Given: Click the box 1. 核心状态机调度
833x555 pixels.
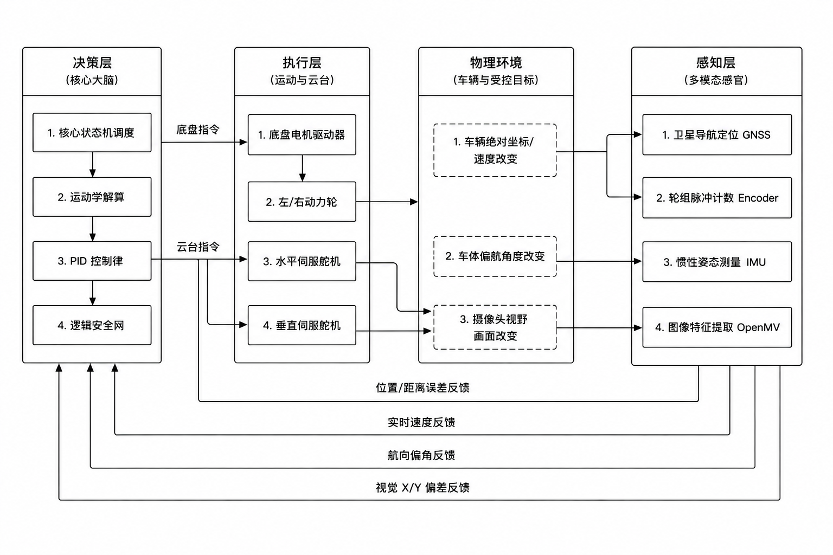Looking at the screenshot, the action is (92, 133).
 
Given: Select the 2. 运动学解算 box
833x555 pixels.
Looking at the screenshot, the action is (92, 197).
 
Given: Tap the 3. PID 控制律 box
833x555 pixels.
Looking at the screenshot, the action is (92, 261).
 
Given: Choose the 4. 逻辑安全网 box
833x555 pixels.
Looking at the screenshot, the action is (92, 325).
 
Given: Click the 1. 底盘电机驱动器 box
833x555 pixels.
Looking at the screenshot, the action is (302, 134).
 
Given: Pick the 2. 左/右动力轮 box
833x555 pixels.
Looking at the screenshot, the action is (302, 202).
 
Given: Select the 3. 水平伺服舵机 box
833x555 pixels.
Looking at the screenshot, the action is (302, 261).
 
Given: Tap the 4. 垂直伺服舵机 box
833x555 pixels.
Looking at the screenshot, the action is (302, 325).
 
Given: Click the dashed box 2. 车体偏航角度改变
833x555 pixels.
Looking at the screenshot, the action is (495, 256).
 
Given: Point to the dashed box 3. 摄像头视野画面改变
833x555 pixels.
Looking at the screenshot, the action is (495, 327).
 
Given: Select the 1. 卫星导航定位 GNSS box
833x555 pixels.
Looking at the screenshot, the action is (717, 134).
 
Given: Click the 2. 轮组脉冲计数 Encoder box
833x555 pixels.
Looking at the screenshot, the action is (717, 198).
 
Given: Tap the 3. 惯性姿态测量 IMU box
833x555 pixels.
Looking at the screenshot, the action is (717, 262).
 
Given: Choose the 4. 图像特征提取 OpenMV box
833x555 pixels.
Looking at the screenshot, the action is (717, 327).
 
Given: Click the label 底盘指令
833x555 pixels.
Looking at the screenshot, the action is (198, 130).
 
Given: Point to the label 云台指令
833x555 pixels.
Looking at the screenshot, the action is (198, 247).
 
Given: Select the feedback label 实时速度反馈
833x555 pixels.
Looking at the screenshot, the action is (421, 422).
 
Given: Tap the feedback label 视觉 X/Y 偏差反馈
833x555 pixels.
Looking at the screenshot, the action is (422, 488).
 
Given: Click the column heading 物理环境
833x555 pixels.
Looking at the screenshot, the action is (496, 63).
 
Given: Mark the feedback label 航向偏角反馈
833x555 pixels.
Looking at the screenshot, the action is (421, 455).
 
